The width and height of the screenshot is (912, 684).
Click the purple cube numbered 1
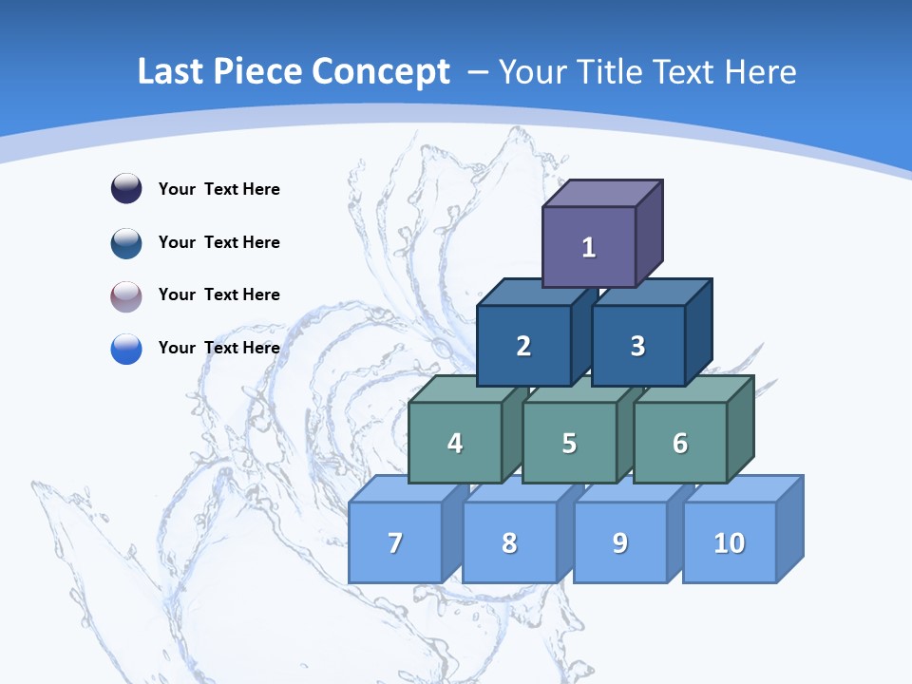589,247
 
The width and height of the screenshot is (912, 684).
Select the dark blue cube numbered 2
523,346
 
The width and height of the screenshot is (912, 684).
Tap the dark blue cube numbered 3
637,346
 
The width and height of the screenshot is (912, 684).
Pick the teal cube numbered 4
455,443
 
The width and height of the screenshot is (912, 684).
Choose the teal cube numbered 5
569,443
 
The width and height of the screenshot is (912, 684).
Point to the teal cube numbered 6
680,443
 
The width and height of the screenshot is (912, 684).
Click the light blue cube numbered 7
395,542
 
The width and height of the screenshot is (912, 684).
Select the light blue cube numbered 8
509,542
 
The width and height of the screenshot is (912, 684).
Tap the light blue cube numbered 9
620,542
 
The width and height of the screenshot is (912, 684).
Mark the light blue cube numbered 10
730,542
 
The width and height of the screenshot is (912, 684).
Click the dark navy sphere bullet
126,189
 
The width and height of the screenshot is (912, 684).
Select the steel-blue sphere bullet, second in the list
126,242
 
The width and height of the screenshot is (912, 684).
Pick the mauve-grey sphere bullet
126,295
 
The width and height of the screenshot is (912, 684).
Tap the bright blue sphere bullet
126,348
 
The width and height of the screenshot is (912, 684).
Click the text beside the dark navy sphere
219,189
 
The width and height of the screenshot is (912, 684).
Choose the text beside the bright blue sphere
219,348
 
